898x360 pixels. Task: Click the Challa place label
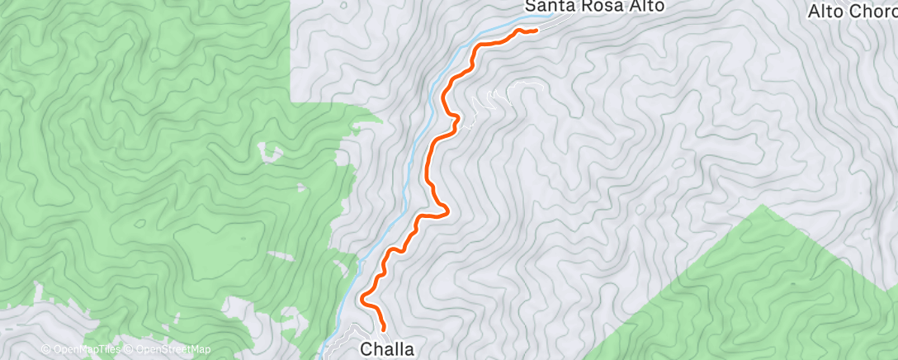pyautogui.click(x=386, y=349)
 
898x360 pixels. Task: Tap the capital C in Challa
pyautogui.click(x=366, y=349)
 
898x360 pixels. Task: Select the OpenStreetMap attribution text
pyautogui.click(x=173, y=349)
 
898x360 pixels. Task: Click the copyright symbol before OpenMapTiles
pyautogui.click(x=45, y=349)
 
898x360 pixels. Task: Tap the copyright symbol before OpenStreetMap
pyautogui.click(x=129, y=349)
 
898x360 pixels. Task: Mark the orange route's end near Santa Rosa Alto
pyautogui.click(x=536, y=31)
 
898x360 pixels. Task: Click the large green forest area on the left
pyautogui.click(x=149, y=165)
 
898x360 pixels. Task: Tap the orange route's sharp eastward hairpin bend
pyautogui.click(x=447, y=211)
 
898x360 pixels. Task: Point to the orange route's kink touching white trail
pyautogui.click(x=456, y=122)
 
